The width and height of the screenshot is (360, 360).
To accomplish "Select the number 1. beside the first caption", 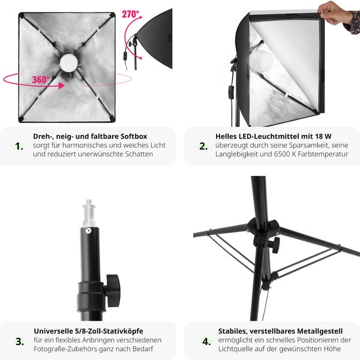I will tap(19, 146).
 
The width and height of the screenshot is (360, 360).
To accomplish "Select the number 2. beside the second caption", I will tap(203, 146).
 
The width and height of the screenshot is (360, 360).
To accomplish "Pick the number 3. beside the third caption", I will tap(19, 341).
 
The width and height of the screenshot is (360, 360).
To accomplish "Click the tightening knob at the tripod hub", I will tap(275, 244).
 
